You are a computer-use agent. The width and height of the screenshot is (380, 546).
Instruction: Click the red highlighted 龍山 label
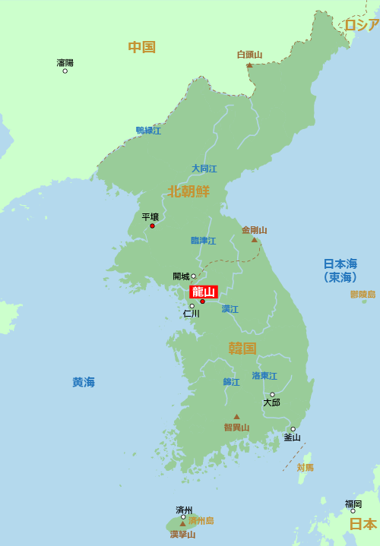(x=204, y=292)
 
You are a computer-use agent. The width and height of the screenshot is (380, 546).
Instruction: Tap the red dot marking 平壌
(x=152, y=226)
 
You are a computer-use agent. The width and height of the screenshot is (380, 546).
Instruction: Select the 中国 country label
(x=141, y=47)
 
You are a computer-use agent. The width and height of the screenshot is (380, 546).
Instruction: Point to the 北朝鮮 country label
(x=188, y=191)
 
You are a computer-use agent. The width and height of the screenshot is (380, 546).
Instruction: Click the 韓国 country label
(x=242, y=349)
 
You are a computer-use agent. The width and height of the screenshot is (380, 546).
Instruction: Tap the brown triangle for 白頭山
(x=249, y=65)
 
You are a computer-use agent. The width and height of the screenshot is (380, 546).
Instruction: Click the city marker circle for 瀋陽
(x=65, y=71)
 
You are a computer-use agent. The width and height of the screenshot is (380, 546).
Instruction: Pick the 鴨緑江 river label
(x=148, y=131)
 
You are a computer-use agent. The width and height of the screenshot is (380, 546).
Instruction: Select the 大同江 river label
(x=204, y=169)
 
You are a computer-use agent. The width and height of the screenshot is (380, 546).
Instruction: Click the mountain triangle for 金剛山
(x=255, y=240)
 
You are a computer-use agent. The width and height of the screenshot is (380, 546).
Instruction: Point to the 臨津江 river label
(x=203, y=241)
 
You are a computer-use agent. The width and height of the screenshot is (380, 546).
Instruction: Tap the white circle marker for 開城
(x=194, y=276)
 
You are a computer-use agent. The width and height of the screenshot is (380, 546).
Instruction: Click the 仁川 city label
(x=191, y=313)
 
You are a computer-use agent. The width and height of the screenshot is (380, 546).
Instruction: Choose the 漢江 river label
(x=230, y=309)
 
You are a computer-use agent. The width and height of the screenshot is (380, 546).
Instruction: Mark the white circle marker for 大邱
(x=272, y=395)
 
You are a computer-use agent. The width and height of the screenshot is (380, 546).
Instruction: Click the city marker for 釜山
(x=293, y=429)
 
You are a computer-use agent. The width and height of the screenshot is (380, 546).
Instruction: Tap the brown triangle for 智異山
(x=236, y=416)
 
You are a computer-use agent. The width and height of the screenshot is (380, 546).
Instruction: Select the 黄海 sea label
(x=84, y=382)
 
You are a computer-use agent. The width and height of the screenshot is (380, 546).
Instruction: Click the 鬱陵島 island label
(x=363, y=294)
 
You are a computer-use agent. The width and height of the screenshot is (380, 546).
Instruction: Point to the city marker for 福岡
(x=353, y=511)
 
